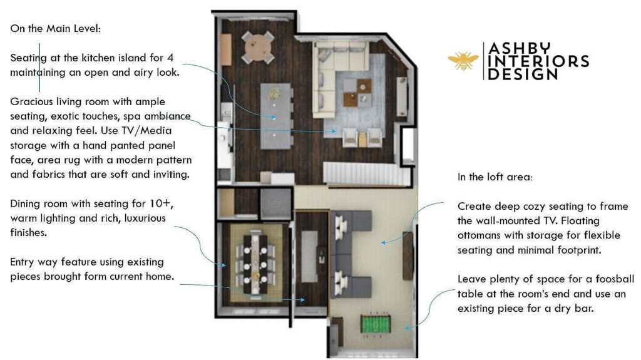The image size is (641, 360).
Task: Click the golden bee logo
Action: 463,61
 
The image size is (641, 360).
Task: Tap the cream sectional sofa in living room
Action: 332,75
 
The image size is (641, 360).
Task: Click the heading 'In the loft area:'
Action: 495,177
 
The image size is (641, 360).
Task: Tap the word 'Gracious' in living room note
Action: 33,101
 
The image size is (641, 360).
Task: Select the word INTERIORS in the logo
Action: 538,61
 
